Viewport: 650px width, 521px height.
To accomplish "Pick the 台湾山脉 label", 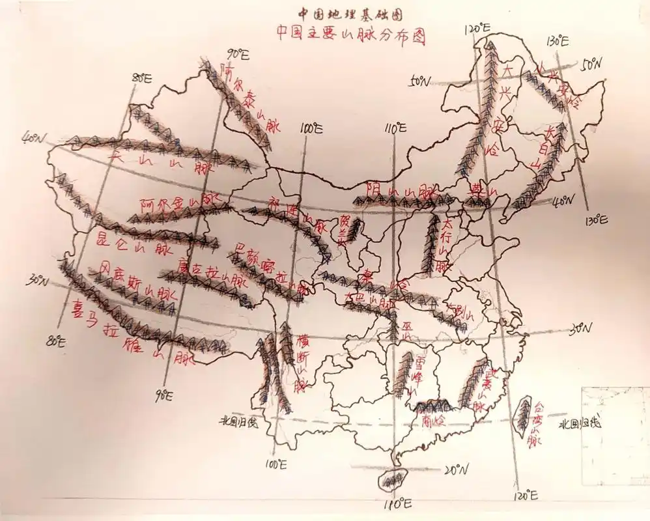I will pyautogui.click(x=537, y=423).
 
